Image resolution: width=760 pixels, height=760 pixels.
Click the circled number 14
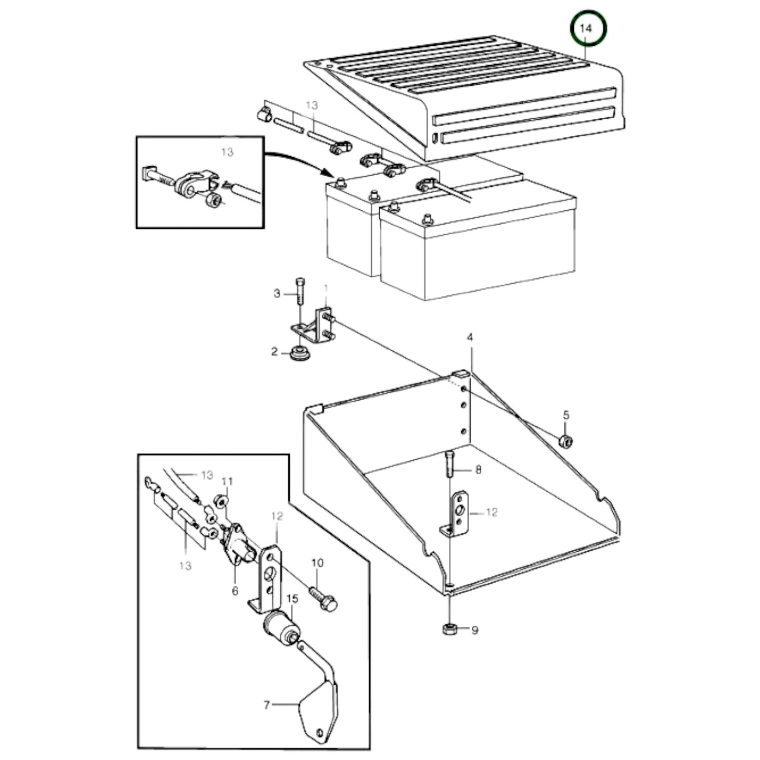tap(586, 28)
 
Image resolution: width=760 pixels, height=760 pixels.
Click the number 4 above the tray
tap(470, 337)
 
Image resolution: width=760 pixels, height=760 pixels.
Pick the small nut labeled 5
tap(566, 441)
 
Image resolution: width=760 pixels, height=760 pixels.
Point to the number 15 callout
tap(292, 599)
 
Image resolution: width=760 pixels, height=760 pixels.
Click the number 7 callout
tap(266, 704)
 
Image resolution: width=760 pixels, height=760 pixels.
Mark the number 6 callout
tap(235, 591)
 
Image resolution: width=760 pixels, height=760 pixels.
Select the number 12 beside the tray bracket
tap(491, 512)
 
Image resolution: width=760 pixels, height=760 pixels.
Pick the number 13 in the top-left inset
tap(227, 152)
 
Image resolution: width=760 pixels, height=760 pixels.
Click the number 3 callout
tap(277, 293)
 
